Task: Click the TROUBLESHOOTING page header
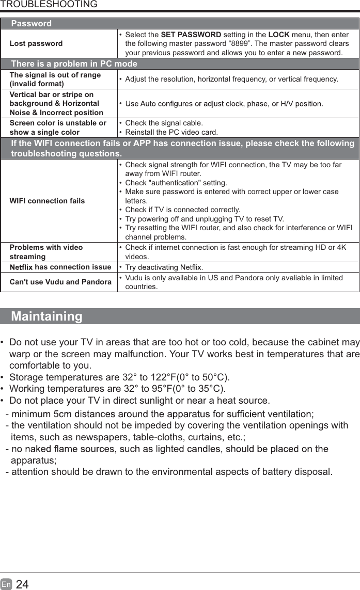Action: (x=49, y=5)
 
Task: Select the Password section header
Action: (x=32, y=24)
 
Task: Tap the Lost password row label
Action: (x=36, y=43)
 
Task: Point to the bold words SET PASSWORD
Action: (x=191, y=35)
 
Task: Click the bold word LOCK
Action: (x=278, y=35)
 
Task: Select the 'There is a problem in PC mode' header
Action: (x=74, y=64)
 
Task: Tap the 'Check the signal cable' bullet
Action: (x=164, y=123)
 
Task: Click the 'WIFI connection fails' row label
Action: (x=47, y=200)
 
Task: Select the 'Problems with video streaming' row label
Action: (x=46, y=252)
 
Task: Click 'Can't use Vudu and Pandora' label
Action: (x=60, y=282)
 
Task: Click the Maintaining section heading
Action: (x=46, y=316)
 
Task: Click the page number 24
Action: (x=22, y=584)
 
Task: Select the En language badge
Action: (x=6, y=584)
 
